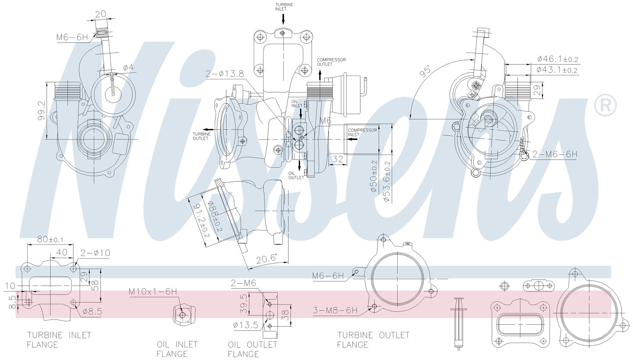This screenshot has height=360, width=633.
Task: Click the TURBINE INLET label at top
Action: (284, 7)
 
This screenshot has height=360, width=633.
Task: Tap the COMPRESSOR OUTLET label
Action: (331, 62)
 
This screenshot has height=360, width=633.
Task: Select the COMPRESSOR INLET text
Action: (362, 132)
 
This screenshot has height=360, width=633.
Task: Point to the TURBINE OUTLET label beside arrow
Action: (202, 136)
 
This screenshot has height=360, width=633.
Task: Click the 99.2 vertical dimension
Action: (41, 110)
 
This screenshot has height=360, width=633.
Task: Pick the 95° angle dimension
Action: (425, 71)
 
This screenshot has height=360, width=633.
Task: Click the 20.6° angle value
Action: (266, 259)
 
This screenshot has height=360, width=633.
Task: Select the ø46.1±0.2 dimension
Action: (557, 59)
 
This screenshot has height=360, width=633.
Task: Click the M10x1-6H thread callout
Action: (153, 292)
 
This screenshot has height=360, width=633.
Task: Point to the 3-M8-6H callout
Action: (335, 310)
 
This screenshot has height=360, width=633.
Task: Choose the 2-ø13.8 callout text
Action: (225, 74)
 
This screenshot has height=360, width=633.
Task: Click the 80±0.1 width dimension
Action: (50, 239)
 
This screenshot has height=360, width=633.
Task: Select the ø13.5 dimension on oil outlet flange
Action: (246, 325)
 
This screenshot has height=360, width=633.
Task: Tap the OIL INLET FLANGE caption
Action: (177, 349)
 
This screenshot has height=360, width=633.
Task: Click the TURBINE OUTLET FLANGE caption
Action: (373, 340)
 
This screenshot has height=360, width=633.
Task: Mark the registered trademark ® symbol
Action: (605, 106)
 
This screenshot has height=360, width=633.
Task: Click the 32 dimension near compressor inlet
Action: (338, 159)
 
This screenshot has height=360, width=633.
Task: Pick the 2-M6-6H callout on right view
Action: (554, 154)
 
